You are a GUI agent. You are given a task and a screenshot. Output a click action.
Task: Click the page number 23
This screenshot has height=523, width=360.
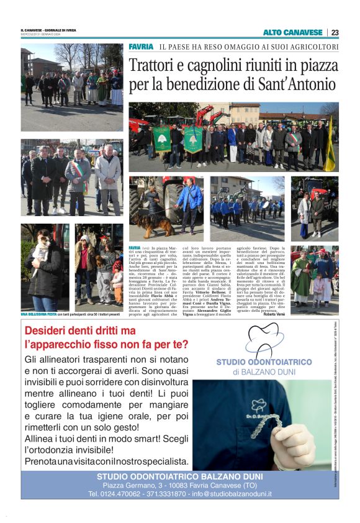pyautogui.click(x=335, y=32)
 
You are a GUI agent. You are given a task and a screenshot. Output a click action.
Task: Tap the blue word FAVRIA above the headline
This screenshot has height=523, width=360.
pyautogui.click(x=141, y=47)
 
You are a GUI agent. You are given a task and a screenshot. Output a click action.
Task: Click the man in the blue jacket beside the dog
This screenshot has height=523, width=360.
pyautogui.click(x=191, y=202)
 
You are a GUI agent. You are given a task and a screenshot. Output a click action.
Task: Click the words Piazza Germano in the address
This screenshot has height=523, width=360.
pyautogui.click(x=126, y=485)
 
